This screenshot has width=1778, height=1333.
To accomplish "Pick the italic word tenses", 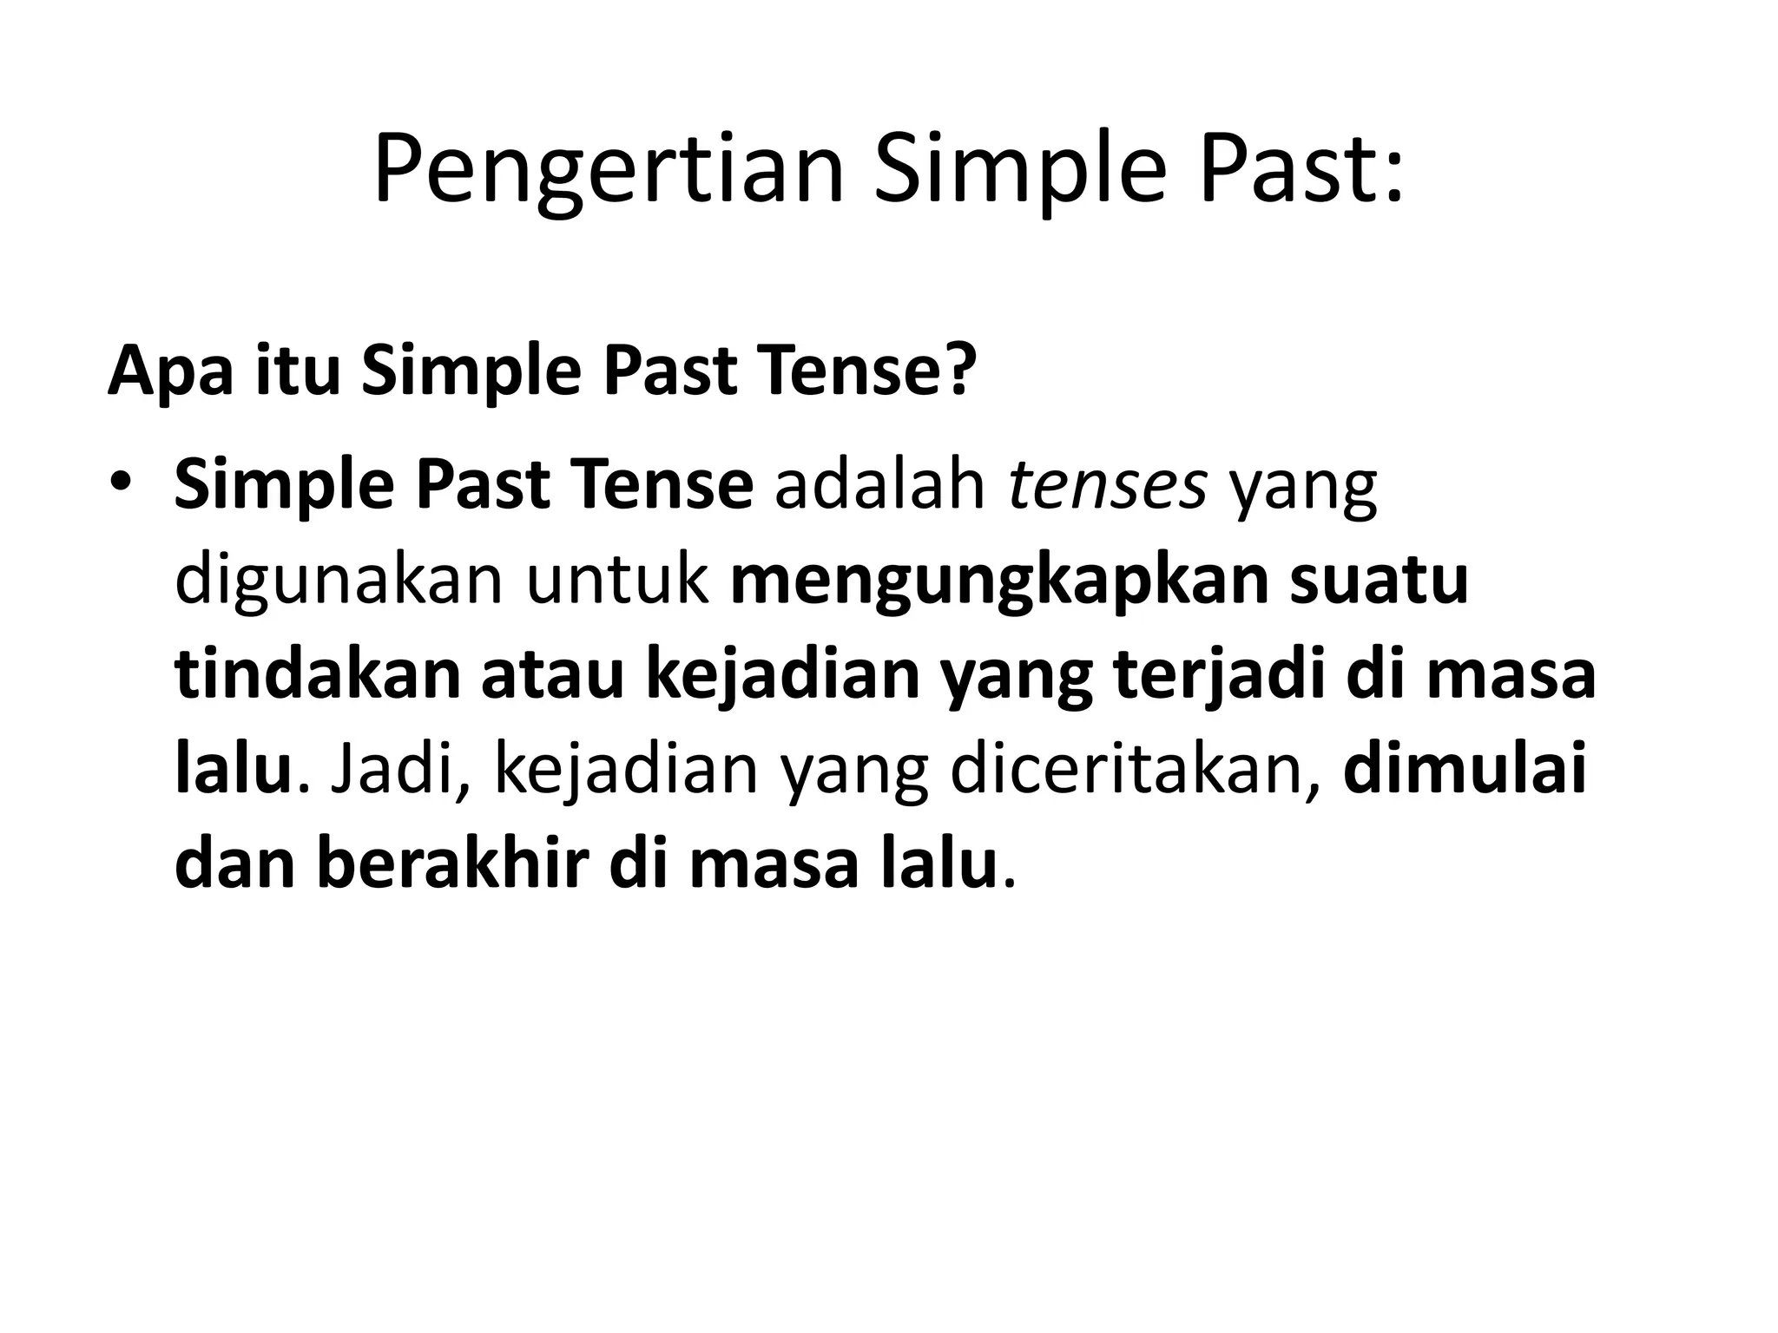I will point(1107,488).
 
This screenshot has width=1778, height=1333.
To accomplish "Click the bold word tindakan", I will point(317,675).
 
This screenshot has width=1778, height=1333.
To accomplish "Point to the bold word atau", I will point(552,677).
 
